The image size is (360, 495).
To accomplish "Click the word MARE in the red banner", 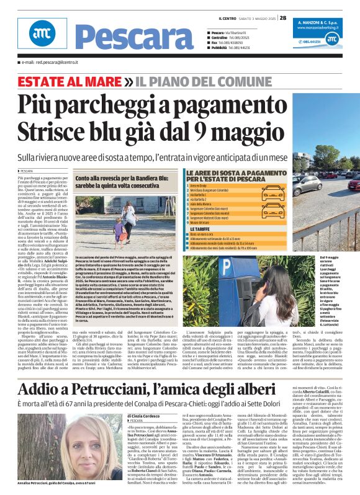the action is [91, 81].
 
